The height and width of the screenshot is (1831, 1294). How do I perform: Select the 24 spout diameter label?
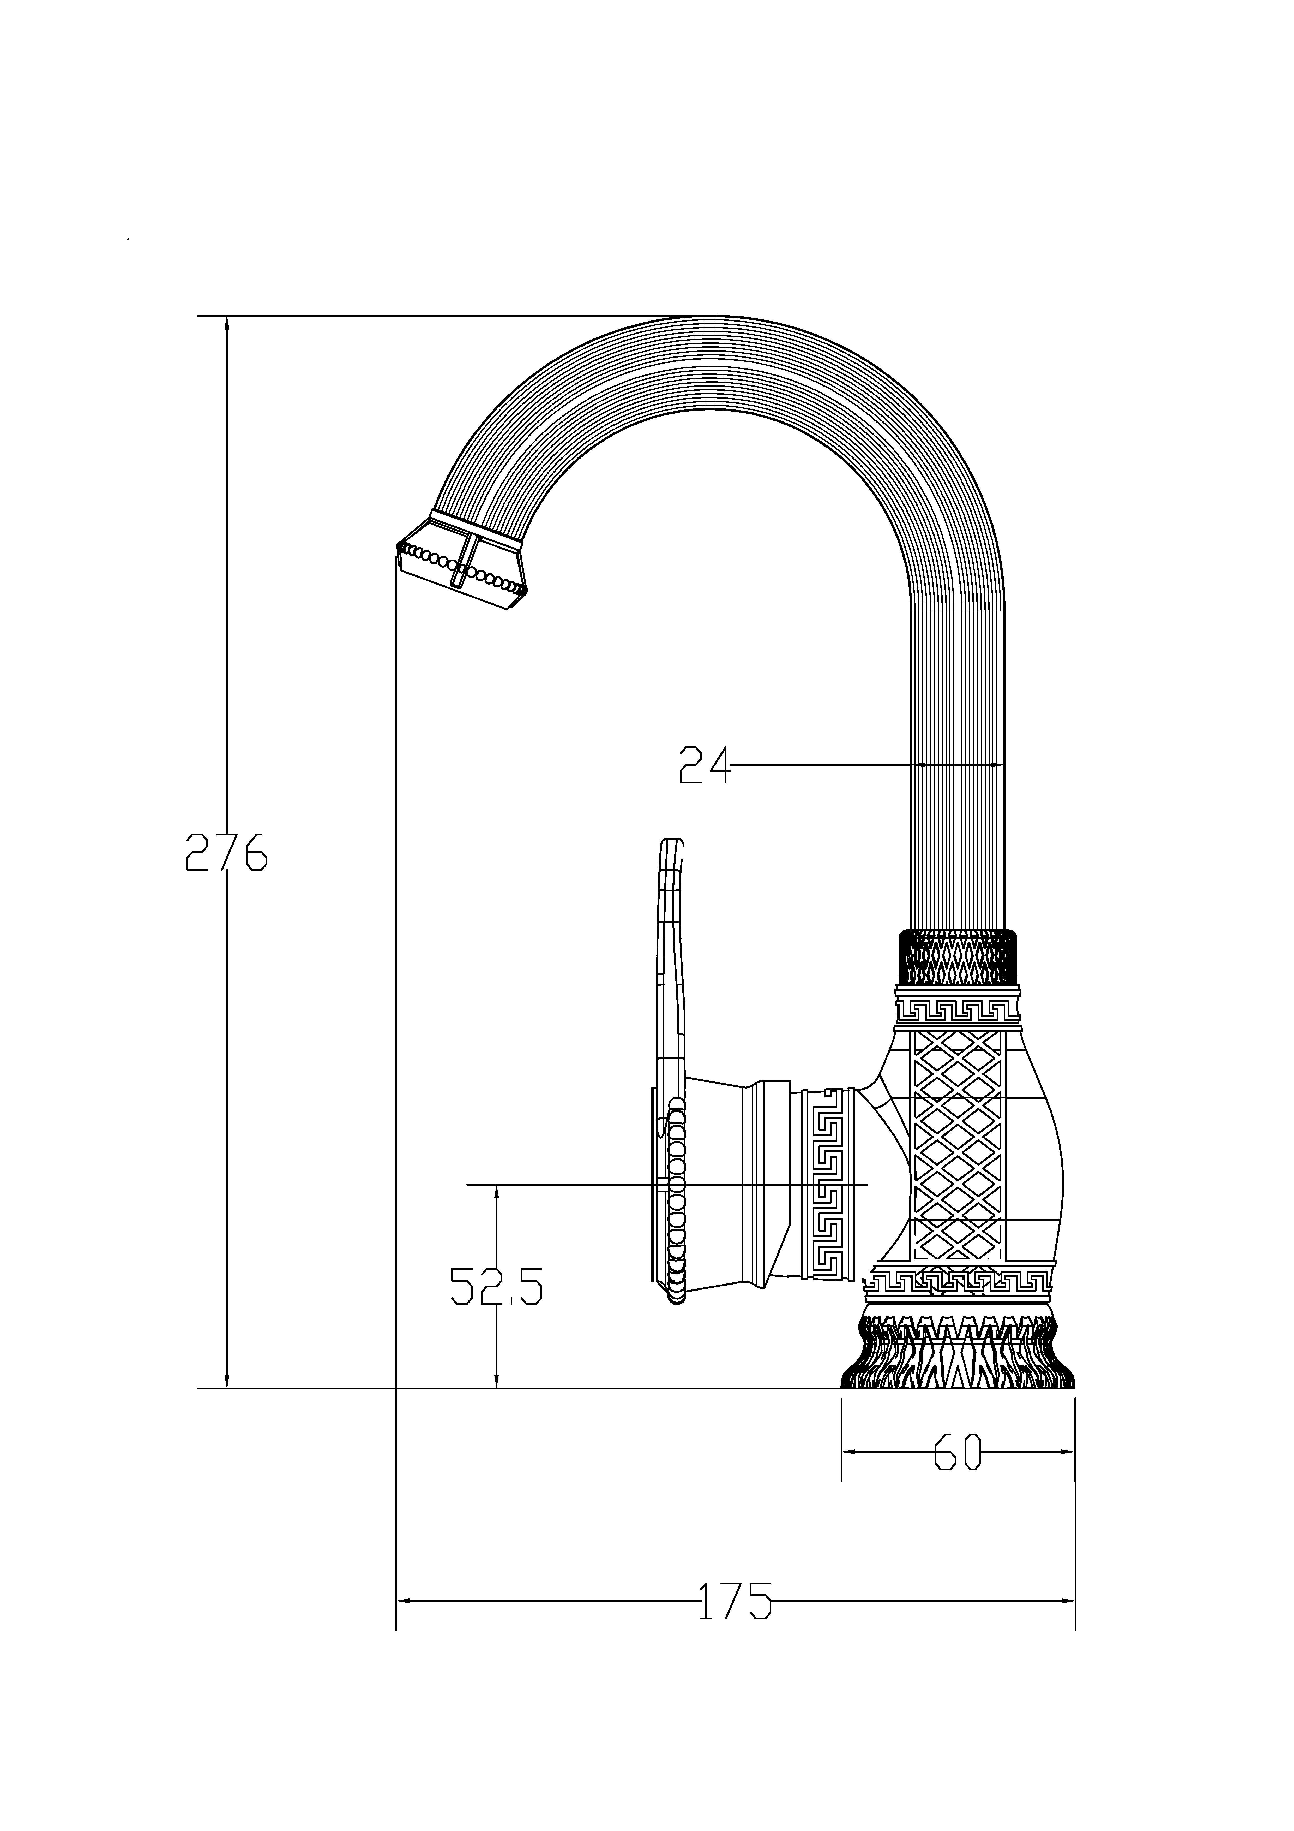click(705, 765)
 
